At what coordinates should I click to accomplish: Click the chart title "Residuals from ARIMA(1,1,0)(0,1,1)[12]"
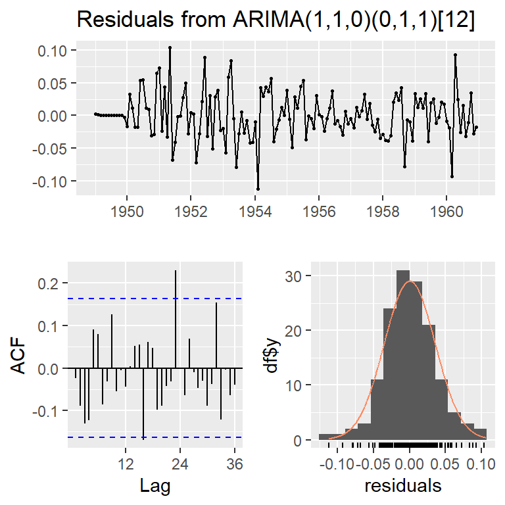[276, 20]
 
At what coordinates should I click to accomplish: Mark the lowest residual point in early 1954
[258, 189]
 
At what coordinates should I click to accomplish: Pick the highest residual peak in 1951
[170, 47]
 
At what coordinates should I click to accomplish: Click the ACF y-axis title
[21, 355]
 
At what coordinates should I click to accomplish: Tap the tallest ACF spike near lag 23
[176, 271]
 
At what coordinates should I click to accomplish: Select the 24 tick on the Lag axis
[180, 464]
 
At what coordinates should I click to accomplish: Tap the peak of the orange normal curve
[410, 281]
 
